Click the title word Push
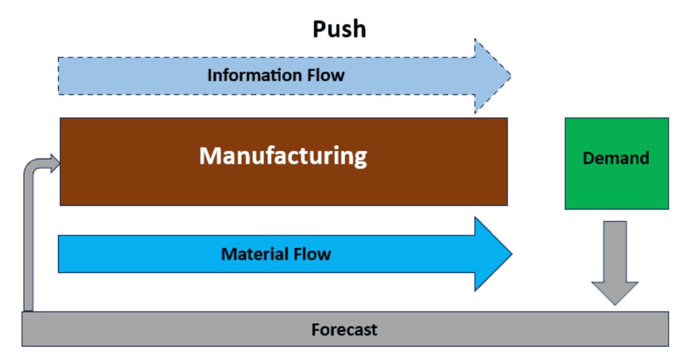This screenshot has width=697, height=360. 339,29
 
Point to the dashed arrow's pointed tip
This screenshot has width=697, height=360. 509,75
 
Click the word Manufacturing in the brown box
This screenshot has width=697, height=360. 283,155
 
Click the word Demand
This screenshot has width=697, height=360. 616,158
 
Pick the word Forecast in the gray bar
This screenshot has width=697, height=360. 344,330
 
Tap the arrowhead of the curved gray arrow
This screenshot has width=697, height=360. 54,161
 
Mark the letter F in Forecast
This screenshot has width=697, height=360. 316,330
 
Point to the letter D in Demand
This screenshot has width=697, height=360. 588,158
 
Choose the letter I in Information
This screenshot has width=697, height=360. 210,75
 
